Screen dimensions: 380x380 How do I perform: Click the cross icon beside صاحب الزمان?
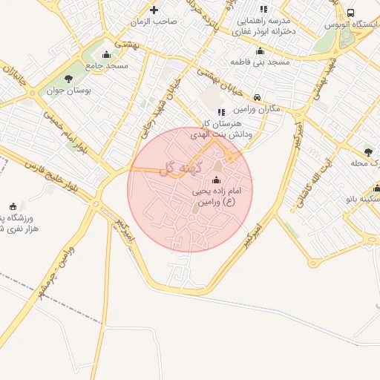tap(154, 10)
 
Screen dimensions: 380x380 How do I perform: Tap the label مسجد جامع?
tap(107, 65)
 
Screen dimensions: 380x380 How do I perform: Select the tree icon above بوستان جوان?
tap(69, 79)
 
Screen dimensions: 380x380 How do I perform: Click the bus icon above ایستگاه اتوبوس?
tap(350, 13)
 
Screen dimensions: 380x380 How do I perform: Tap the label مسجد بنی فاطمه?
tap(260, 62)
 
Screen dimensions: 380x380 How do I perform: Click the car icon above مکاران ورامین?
tap(256, 97)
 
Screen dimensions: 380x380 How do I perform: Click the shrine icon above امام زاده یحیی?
tap(216, 180)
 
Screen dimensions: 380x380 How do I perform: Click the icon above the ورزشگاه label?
tap(12, 206)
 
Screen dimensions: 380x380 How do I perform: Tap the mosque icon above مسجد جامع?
tap(106, 53)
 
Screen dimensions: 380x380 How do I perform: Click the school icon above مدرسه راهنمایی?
tap(263, 10)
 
